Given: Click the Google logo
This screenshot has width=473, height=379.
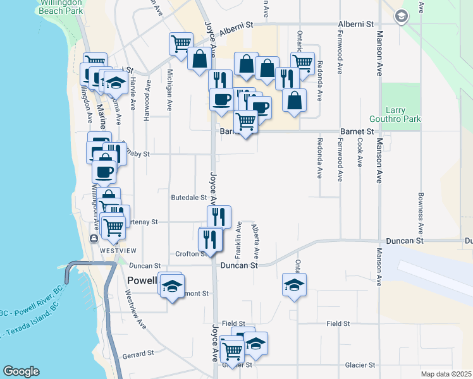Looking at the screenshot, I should tap(21, 371).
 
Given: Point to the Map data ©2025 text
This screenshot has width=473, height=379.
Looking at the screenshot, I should tap(446, 374).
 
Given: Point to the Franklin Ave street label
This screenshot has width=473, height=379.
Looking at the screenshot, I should tap(238, 240).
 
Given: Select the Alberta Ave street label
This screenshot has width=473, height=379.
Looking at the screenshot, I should tap(255, 242).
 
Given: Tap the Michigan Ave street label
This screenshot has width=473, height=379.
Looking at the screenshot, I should tap(169, 91).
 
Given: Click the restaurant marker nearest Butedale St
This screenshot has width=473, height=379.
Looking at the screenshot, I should tap(219, 216).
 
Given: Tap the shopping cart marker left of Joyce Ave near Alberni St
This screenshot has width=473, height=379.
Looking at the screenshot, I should tap(180, 44).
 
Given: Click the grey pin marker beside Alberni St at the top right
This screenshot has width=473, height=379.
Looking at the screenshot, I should tap(400, 16).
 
